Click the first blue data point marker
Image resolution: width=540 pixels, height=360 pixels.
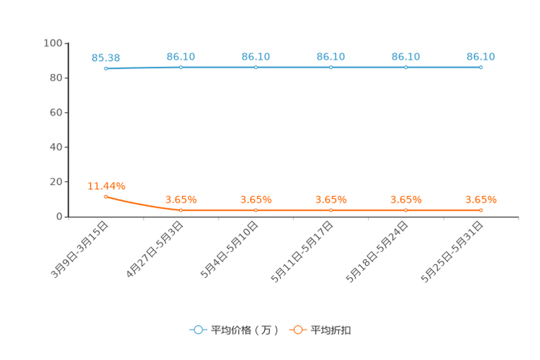(106, 68)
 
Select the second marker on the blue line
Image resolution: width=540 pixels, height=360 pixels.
(181, 67)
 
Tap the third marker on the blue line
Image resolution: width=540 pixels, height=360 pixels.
(256, 67)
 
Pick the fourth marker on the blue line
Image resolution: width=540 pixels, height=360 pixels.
(331, 67)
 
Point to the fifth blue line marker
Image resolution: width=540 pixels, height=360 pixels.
(406, 67)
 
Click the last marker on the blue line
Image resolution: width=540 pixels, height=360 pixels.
(481, 67)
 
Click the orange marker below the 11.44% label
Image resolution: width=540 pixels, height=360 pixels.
(106, 197)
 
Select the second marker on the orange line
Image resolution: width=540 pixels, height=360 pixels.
(181, 210)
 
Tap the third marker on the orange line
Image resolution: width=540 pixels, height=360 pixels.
(256, 210)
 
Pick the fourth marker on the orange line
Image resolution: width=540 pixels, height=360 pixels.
(331, 210)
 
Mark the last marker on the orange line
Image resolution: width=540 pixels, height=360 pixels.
(481, 210)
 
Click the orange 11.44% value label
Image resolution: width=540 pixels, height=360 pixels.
(106, 186)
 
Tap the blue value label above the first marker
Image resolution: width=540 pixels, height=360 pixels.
(106, 57)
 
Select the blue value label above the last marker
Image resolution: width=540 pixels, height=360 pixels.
(480, 56)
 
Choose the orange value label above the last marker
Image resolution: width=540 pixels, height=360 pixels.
(480, 199)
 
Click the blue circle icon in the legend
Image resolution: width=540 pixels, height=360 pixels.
(198, 330)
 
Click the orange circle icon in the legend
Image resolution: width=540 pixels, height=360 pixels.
(298, 330)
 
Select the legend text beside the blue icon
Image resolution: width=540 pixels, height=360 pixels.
(244, 330)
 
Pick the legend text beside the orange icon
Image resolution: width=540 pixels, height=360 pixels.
(332, 330)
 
